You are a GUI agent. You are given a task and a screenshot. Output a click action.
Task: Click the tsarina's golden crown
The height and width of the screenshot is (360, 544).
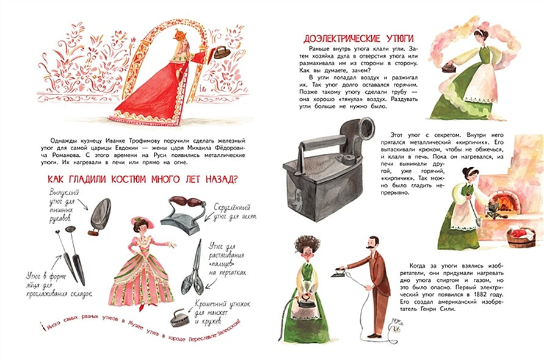[x=180, y=35]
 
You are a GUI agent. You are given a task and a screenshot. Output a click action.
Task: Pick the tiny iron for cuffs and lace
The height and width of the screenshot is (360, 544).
[x=180, y=318]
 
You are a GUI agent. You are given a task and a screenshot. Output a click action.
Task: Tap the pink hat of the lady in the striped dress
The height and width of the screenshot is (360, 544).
[x=142, y=221]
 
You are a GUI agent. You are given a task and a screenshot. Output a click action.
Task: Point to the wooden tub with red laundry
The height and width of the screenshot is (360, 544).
[x=521, y=237]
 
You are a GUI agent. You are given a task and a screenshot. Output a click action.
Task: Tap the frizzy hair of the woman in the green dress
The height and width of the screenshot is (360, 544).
[x=307, y=244]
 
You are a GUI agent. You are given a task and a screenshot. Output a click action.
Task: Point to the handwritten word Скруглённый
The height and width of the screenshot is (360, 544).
[x=232, y=207]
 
